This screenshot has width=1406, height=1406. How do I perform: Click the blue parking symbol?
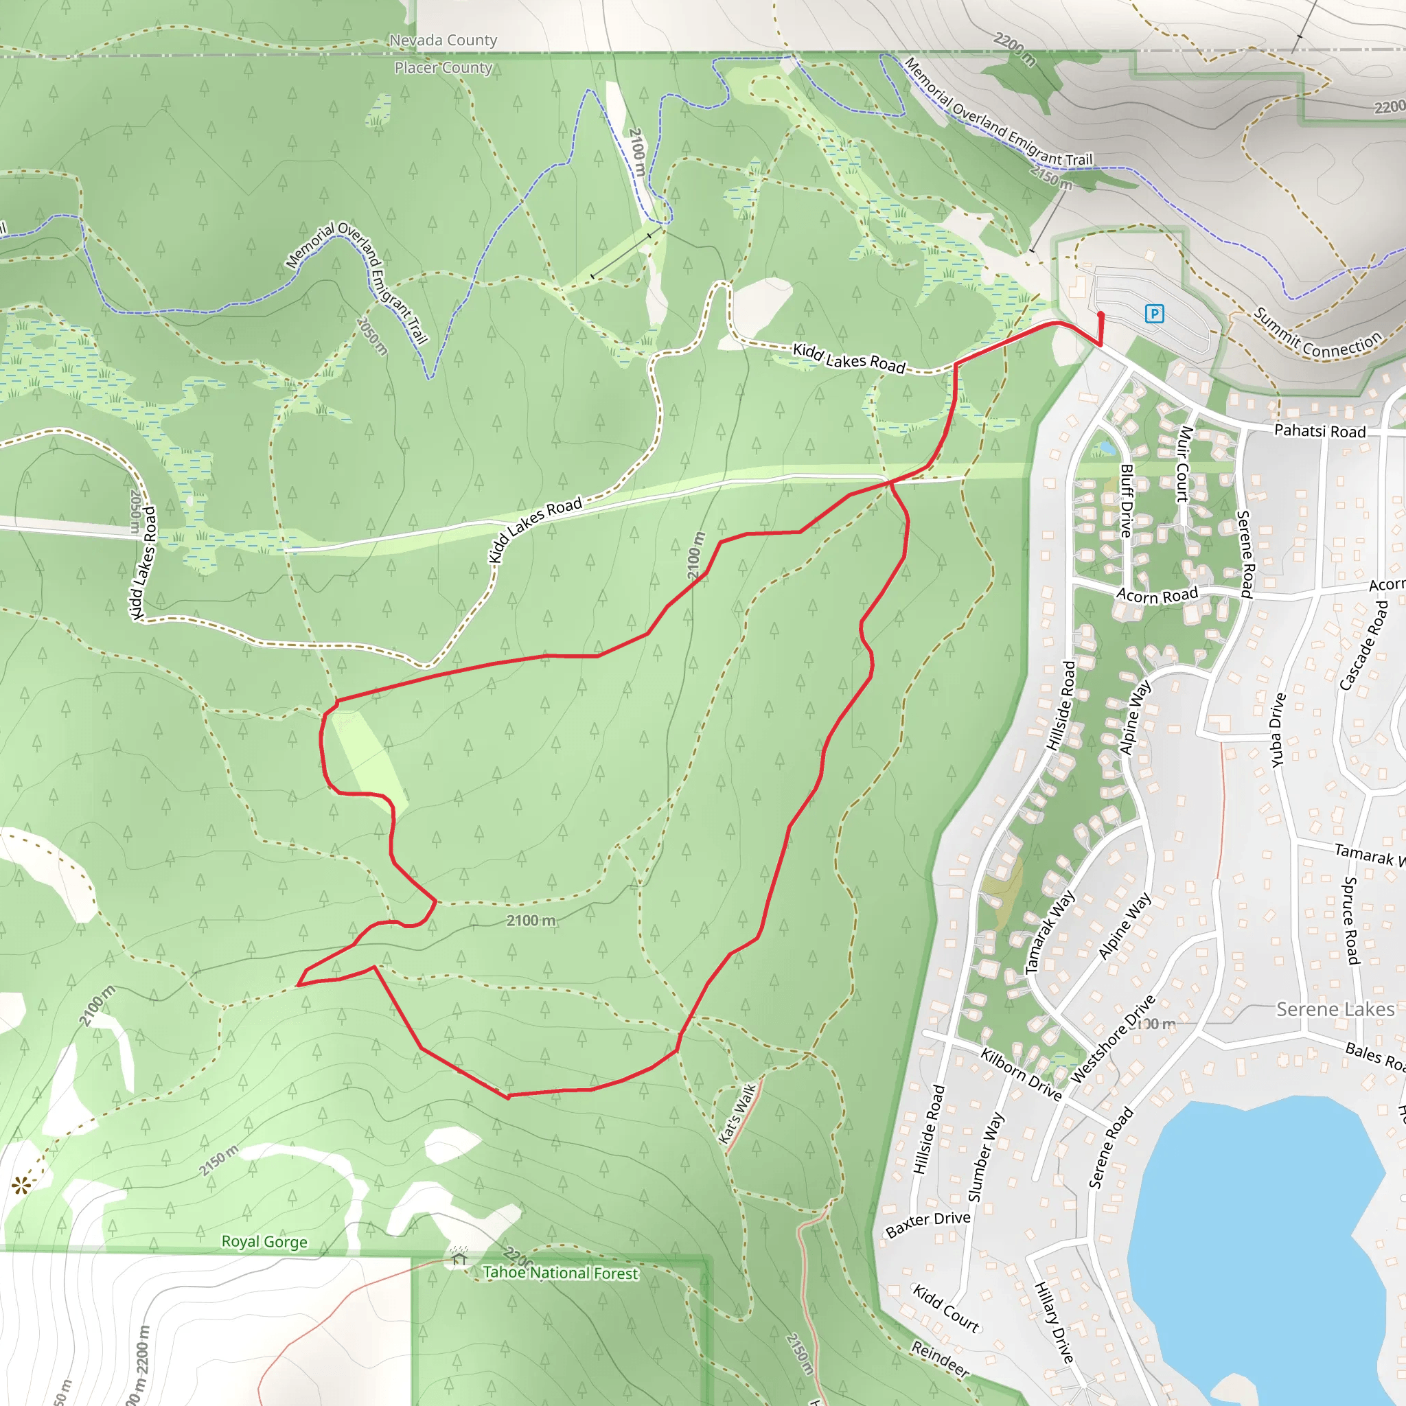[1154, 314]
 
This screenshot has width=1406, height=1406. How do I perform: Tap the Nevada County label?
[443, 40]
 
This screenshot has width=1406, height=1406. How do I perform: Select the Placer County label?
[443, 68]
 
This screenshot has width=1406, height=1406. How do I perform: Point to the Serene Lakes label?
[1335, 1009]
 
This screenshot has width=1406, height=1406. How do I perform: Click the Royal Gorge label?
[264, 1241]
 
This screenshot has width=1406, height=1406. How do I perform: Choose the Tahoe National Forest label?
[560, 1273]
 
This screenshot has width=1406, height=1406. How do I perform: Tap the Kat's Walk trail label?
[738, 1114]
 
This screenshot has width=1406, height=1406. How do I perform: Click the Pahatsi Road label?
[1319, 431]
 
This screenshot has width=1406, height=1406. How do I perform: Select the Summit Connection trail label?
[1318, 335]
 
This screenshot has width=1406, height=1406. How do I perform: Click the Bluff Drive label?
[1127, 500]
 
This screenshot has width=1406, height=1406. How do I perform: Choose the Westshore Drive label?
[1113, 1038]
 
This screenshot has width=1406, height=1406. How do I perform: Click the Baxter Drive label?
[928, 1224]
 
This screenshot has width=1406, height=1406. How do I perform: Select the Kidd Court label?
[946, 1308]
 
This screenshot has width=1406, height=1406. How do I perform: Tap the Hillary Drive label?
[1054, 1322]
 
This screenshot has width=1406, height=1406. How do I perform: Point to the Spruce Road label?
[1350, 921]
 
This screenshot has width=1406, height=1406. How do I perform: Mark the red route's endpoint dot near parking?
[1100, 315]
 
